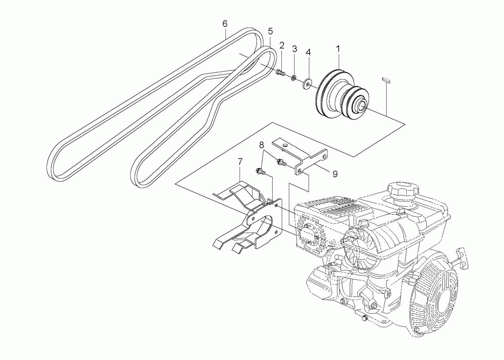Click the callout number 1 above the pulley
(x=338, y=49)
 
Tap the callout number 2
(x=282, y=45)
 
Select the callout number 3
(x=295, y=48)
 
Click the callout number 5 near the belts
(x=270, y=31)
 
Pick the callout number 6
(x=225, y=24)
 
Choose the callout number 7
(x=240, y=162)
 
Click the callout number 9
(x=335, y=174)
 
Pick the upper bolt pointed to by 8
(x=280, y=163)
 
